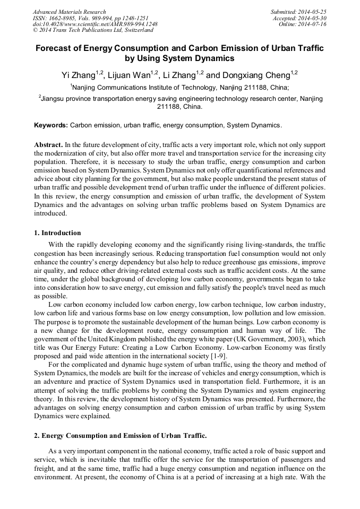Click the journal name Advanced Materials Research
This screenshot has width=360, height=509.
click(69, 12)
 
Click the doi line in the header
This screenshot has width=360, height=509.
click(95, 24)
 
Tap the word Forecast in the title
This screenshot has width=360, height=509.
click(56, 48)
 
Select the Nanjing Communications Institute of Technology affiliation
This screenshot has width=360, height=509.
click(181, 87)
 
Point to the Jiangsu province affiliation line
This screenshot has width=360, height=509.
click(181, 99)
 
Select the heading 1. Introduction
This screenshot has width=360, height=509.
click(57, 233)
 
